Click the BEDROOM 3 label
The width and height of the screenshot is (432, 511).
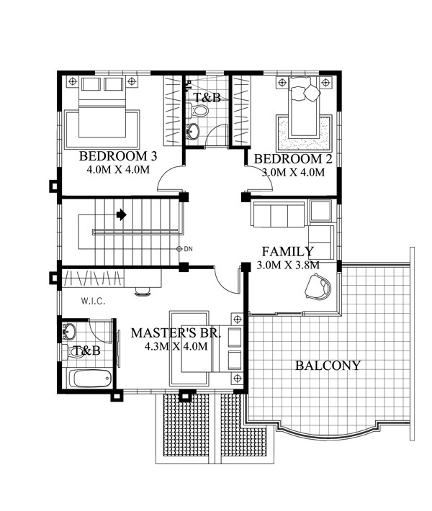tap(118, 156)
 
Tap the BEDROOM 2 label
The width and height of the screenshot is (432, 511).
tap(293, 159)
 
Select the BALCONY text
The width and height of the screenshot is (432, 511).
tap(328, 366)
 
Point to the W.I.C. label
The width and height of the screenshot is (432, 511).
tap(94, 302)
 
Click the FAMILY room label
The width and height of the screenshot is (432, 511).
tap(287, 252)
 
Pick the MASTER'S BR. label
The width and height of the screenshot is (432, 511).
tap(176, 333)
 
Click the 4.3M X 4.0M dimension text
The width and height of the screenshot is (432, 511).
tap(176, 346)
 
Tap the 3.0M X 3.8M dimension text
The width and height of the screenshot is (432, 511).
tap(288, 265)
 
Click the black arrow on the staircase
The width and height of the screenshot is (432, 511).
tap(122, 214)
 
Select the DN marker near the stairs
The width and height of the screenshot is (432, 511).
tap(184, 249)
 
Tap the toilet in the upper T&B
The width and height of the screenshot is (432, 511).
tap(199, 110)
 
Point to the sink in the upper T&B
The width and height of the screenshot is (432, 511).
tap(192, 132)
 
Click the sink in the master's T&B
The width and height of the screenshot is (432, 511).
tap(69, 332)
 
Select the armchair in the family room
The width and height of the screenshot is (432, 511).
tap(318, 286)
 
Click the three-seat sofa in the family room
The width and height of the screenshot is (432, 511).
tap(278, 214)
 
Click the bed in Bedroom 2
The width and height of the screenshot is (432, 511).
tap(304, 107)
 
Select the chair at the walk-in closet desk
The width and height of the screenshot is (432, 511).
tap(143, 291)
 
